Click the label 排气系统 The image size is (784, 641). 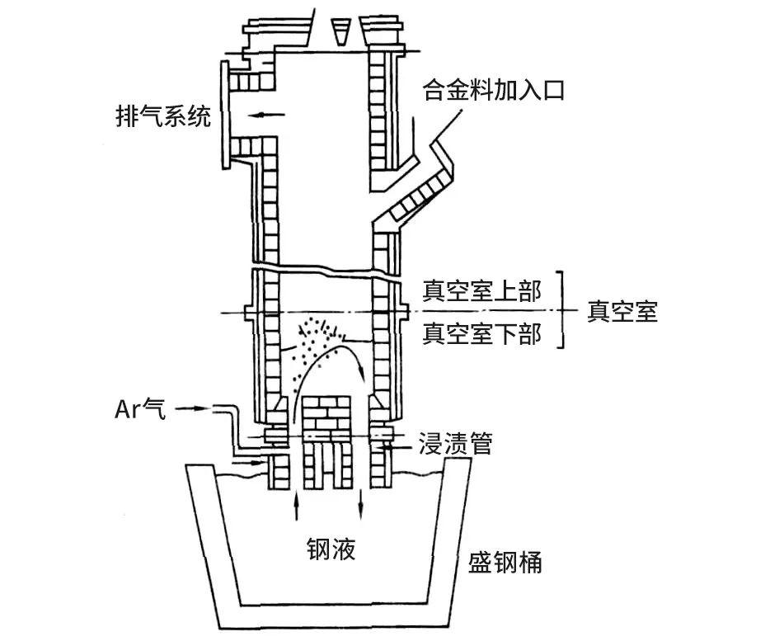(x=162, y=115)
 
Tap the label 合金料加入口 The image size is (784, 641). (x=493, y=89)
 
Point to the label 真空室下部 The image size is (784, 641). (x=481, y=333)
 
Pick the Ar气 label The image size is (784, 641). (x=140, y=408)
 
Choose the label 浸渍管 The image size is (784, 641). (x=456, y=444)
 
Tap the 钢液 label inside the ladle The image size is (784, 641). (x=331, y=548)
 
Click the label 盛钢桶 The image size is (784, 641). (x=505, y=563)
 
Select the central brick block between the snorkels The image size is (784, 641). (x=327, y=421)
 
